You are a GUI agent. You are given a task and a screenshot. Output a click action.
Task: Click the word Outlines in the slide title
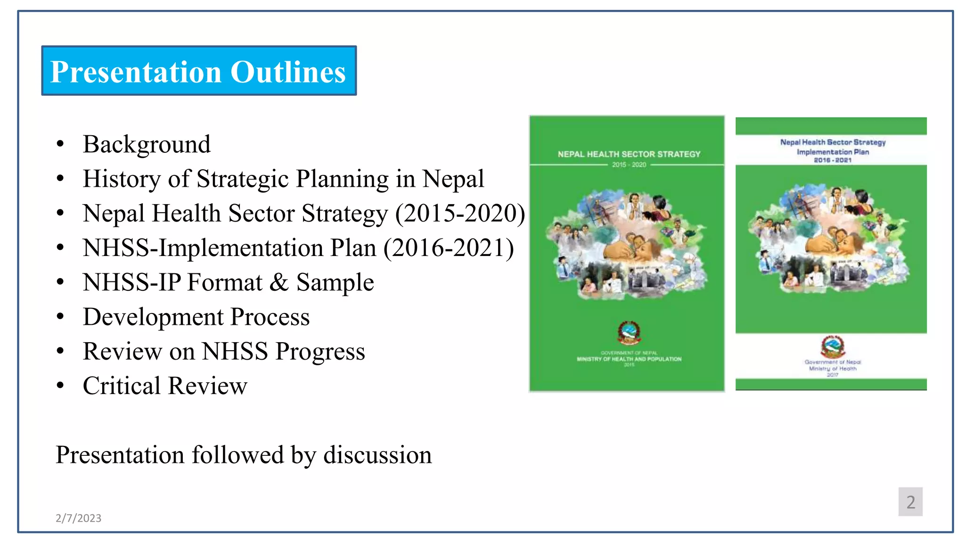click(x=288, y=72)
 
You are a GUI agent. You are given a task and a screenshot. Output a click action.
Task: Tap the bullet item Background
click(x=147, y=144)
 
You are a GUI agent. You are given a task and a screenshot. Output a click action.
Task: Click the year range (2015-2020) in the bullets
click(x=460, y=214)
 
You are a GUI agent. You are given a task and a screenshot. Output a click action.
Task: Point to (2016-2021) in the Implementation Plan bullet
click(x=449, y=248)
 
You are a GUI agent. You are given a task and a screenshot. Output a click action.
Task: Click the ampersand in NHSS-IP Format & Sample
click(x=278, y=282)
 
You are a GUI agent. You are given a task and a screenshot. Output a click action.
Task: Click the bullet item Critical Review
click(x=165, y=386)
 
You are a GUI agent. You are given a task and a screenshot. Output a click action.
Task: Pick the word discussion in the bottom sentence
click(x=377, y=455)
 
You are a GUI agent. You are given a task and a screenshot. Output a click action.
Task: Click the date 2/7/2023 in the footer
click(x=78, y=518)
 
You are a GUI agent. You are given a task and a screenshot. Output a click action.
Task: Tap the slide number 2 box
click(x=910, y=502)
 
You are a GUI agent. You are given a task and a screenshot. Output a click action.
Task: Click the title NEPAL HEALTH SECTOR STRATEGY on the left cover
click(x=629, y=154)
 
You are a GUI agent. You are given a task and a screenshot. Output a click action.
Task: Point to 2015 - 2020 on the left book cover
click(x=629, y=165)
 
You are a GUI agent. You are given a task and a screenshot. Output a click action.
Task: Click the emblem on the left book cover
click(x=629, y=333)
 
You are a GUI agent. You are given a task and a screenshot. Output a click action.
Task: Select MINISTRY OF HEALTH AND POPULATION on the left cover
click(x=629, y=359)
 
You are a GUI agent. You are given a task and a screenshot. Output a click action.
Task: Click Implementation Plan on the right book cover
click(x=833, y=152)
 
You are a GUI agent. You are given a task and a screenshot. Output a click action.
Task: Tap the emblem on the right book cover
click(x=833, y=346)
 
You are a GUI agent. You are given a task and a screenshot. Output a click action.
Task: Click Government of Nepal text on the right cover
click(x=833, y=362)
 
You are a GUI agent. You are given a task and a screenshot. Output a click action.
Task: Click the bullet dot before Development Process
click(x=60, y=317)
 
